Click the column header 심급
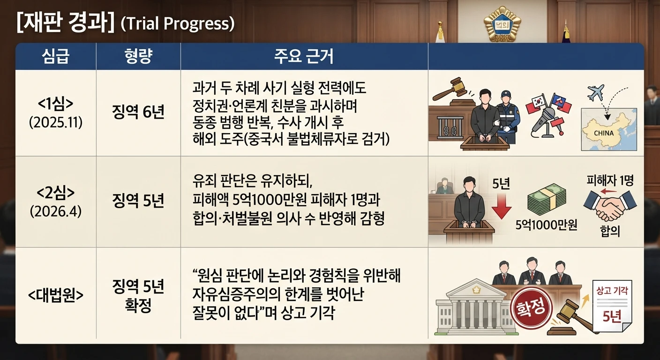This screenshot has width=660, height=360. pos(56,56)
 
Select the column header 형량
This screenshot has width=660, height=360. pos(138,56)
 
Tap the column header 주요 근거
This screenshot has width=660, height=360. pos(304,56)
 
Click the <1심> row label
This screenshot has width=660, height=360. pos(56,104)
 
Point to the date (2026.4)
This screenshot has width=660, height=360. pos(56,211)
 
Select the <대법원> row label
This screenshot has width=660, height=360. pos(56,295)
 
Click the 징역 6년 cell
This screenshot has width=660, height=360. pos(138,112)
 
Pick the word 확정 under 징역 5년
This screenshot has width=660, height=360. pos(138,306)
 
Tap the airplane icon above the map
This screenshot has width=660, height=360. pos(595,92)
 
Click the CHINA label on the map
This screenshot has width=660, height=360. pos(604,133)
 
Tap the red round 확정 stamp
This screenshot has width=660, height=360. pos(531,308)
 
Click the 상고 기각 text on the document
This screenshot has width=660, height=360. pos(612,291)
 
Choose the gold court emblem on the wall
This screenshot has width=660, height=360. pos(502,24)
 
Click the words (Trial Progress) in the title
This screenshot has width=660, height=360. pos(178,23)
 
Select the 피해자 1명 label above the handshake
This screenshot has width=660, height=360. pos(610,180)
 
